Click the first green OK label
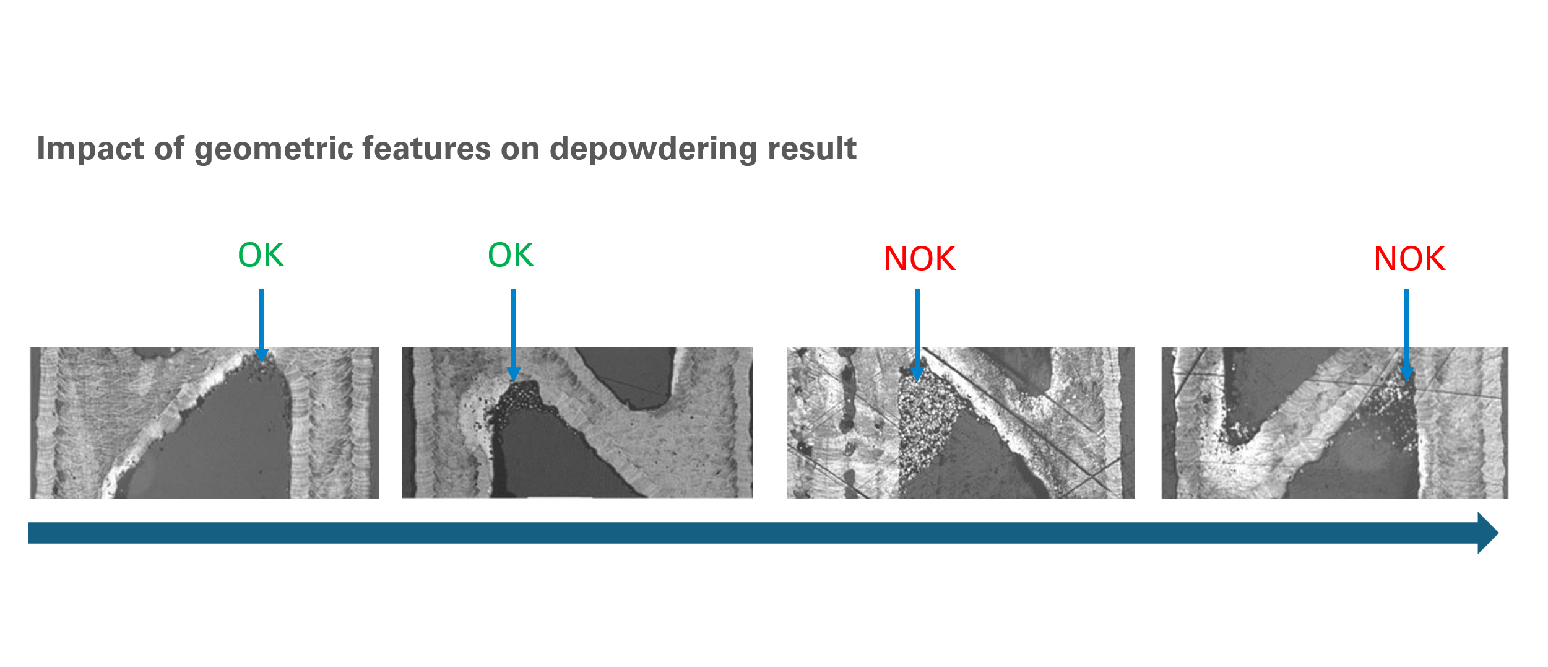pyautogui.click(x=261, y=255)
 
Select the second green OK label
pyautogui.click(x=511, y=255)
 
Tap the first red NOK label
pyautogui.click(x=920, y=259)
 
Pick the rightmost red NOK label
pyautogui.click(x=1409, y=259)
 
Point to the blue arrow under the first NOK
pyautogui.click(x=917, y=334)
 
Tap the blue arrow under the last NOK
pyautogui.click(x=1407, y=334)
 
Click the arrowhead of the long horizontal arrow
pyautogui.click(x=1488, y=533)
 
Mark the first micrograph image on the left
pyautogui.click(x=204, y=422)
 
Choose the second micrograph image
pyautogui.click(x=577, y=422)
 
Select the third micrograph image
pyautogui.click(x=961, y=422)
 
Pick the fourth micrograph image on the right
pyautogui.click(x=1334, y=422)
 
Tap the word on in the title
pyautogui.click(x=520, y=149)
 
